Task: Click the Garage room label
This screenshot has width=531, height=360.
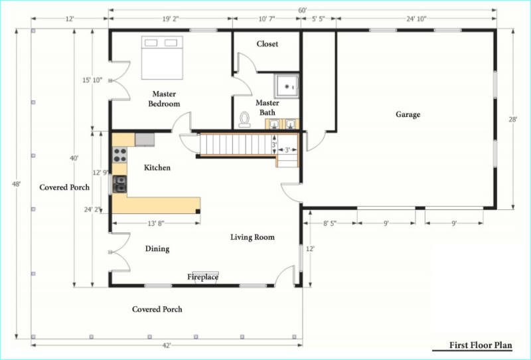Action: click(x=408, y=115)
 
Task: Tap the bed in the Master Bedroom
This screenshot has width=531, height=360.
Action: click(x=162, y=58)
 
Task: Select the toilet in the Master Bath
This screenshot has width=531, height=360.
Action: click(x=244, y=120)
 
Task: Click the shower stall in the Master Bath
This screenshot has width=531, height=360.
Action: click(x=287, y=86)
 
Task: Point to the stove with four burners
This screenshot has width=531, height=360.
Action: click(x=120, y=155)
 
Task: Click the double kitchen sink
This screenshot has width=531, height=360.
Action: click(x=119, y=184)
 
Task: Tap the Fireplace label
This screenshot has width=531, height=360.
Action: click(x=202, y=277)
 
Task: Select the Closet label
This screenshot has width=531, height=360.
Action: click(x=267, y=44)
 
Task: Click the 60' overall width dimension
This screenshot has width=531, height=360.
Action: click(x=303, y=11)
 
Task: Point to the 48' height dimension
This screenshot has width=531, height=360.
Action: click(x=17, y=184)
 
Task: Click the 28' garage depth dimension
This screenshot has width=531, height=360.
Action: click(x=513, y=120)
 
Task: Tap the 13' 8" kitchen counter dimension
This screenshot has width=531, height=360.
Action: click(x=156, y=223)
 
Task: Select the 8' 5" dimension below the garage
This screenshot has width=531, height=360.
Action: click(x=329, y=223)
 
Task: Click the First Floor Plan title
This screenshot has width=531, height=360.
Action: click(x=481, y=345)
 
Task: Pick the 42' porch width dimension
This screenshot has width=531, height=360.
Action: click(x=167, y=345)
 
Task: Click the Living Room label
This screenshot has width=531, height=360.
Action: click(x=252, y=237)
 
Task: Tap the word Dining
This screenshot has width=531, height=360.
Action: click(x=157, y=249)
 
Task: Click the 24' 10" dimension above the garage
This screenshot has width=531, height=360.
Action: click(x=416, y=19)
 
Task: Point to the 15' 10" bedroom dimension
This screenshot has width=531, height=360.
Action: click(x=92, y=80)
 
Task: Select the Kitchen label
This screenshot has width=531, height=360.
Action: click(x=157, y=167)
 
